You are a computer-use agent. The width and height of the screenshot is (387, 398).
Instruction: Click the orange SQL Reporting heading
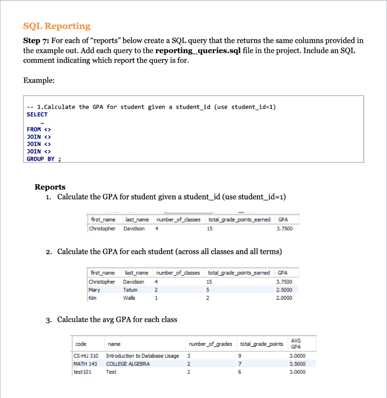click(x=57, y=26)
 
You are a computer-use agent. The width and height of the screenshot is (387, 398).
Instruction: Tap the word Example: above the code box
click(x=39, y=80)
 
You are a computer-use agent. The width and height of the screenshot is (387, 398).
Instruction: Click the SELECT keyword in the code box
click(x=37, y=114)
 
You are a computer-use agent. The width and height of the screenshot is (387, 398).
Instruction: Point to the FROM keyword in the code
click(x=34, y=129)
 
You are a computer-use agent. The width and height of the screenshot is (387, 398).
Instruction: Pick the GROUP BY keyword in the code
click(x=40, y=159)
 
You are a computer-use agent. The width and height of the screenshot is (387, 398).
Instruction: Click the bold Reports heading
click(x=50, y=187)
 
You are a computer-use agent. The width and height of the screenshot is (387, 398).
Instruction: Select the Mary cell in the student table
click(x=94, y=290)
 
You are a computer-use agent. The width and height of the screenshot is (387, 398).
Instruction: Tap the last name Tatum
click(x=130, y=290)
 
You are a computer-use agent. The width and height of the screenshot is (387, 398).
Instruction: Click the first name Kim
click(x=93, y=298)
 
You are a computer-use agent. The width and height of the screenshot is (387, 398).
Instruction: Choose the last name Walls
click(x=129, y=298)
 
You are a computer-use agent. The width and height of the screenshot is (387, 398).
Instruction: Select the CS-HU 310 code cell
click(x=86, y=356)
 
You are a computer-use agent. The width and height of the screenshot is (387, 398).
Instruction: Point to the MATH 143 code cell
click(x=85, y=364)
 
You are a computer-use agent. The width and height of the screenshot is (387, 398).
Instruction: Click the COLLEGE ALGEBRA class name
click(x=128, y=364)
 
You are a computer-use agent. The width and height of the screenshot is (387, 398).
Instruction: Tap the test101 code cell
click(x=82, y=372)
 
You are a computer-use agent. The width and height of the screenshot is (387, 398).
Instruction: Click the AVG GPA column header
click(x=296, y=344)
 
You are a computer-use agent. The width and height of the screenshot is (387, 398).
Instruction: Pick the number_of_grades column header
click(x=210, y=344)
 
